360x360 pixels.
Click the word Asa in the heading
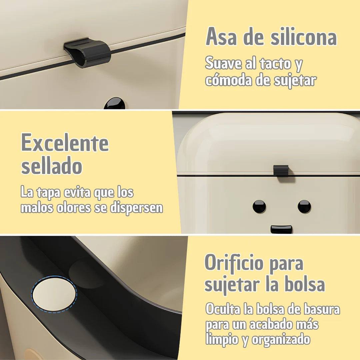pyautogui.click(x=221, y=37)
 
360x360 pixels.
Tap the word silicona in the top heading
pyautogui.click(x=304, y=37)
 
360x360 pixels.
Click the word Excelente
pyautogui.click(x=65, y=142)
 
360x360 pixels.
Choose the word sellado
pyautogui.click(x=52, y=166)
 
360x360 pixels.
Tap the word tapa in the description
pyautogui.click(x=48, y=193)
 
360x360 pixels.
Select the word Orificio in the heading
pyautogui.click(x=234, y=263)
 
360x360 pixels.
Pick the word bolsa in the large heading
pyautogui.click(x=305, y=284)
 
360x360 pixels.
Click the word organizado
pyautogui.click(x=281, y=340)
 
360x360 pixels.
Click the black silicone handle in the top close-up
pyautogui.click(x=87, y=53)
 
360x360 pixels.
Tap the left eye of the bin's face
pyautogui.click(x=259, y=206)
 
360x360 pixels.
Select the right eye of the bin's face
pyautogui.click(x=304, y=206)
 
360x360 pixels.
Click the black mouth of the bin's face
pyautogui.click(x=281, y=229)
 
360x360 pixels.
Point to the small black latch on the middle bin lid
pyautogui.click(x=281, y=171)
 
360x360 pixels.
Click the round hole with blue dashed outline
pyautogui.click(x=54, y=294)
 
